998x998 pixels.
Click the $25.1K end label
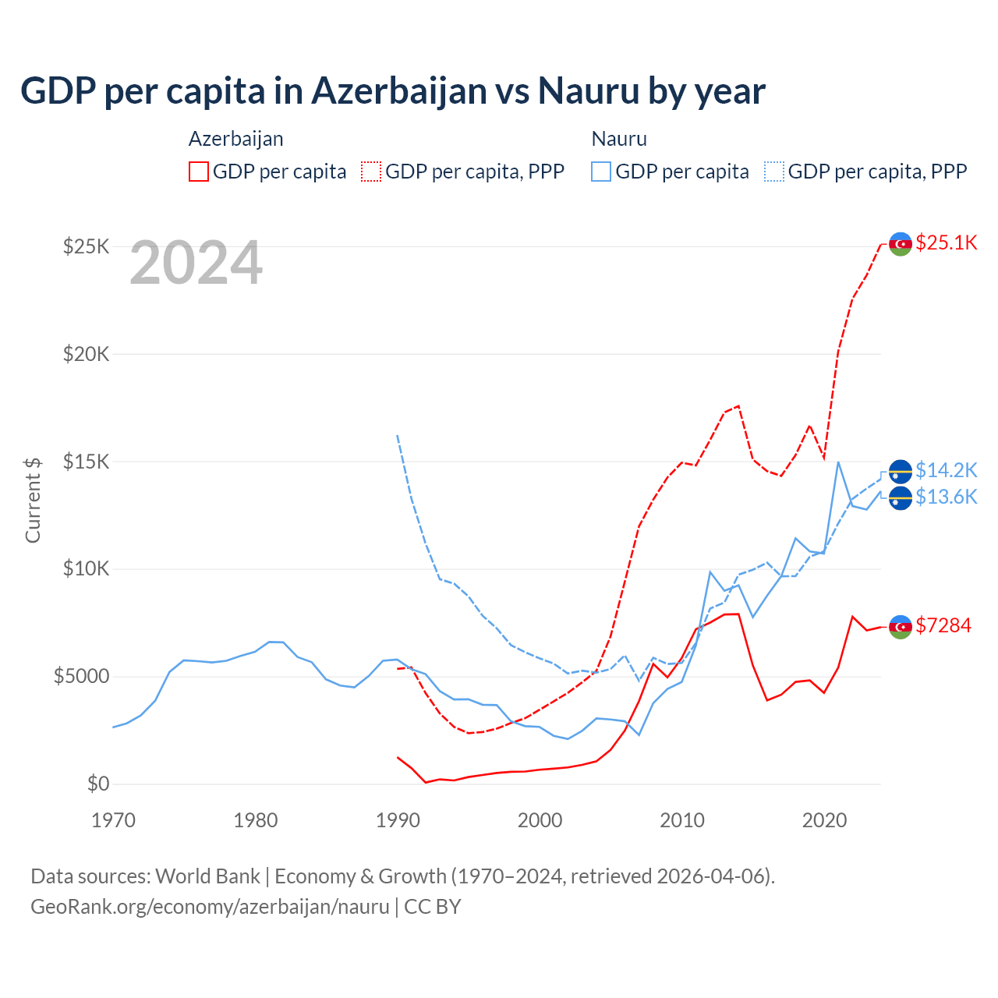click(946, 242)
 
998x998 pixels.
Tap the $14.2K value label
click(946, 470)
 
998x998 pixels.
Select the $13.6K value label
click(946, 497)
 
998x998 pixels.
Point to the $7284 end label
click(943, 625)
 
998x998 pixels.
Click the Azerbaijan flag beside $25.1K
click(901, 244)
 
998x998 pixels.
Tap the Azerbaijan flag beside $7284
click(901, 627)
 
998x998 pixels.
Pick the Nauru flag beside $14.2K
click(901, 472)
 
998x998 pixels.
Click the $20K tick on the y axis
click(87, 354)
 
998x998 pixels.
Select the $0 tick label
click(97, 784)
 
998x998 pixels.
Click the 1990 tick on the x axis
click(398, 820)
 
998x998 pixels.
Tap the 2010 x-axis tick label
click(682, 820)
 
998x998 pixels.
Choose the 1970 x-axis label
click(114, 820)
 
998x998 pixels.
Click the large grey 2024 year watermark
click(196, 263)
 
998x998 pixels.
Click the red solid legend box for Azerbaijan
click(199, 172)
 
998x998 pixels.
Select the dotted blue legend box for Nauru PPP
click(774, 172)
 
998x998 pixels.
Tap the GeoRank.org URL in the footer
click(210, 907)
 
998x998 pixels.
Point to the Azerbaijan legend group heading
click(235, 139)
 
